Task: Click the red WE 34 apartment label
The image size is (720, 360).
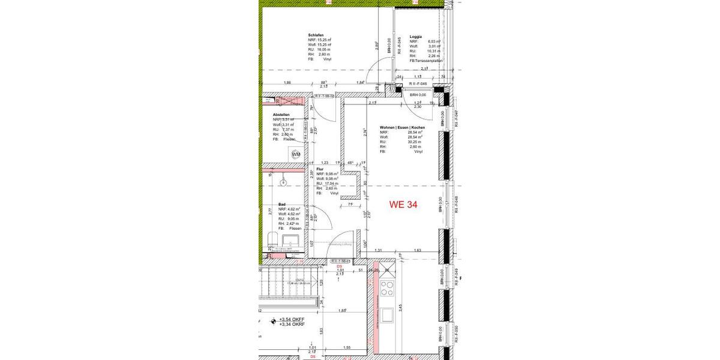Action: coord(403,205)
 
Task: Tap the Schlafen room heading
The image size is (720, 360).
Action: coord(316,35)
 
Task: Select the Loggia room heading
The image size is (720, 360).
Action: coord(416,37)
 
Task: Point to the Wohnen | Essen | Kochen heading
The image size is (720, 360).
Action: coord(402,128)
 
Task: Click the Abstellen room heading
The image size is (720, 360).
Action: coord(281,115)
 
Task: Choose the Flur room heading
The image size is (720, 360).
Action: coord(320,170)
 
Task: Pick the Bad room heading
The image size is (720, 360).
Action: coord(281,205)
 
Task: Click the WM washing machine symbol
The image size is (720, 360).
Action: coord(296,154)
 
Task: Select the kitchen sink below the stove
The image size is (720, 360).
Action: coord(388,314)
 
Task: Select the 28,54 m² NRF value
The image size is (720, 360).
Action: coord(415,132)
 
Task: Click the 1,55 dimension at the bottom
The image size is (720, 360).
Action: coord(347,348)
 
